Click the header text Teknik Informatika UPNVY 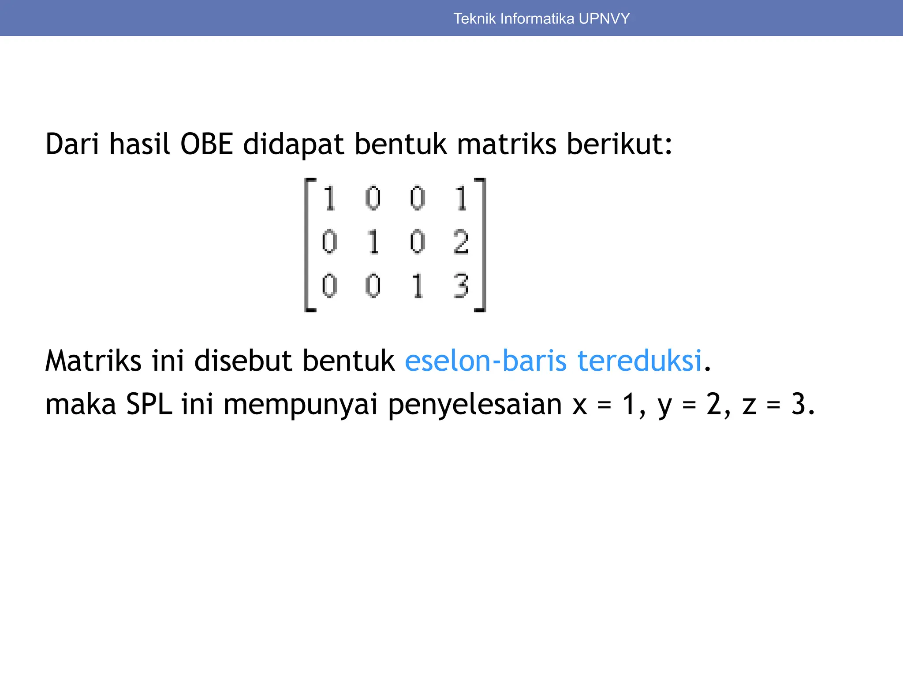(541, 19)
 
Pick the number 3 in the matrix (461, 286)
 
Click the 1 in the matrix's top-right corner (461, 198)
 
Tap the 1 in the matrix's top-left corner (329, 198)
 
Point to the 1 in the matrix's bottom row (417, 286)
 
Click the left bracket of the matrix (307, 245)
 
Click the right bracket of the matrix (483, 245)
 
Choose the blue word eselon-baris (485, 361)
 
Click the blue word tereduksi (639, 361)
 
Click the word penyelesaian (475, 405)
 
